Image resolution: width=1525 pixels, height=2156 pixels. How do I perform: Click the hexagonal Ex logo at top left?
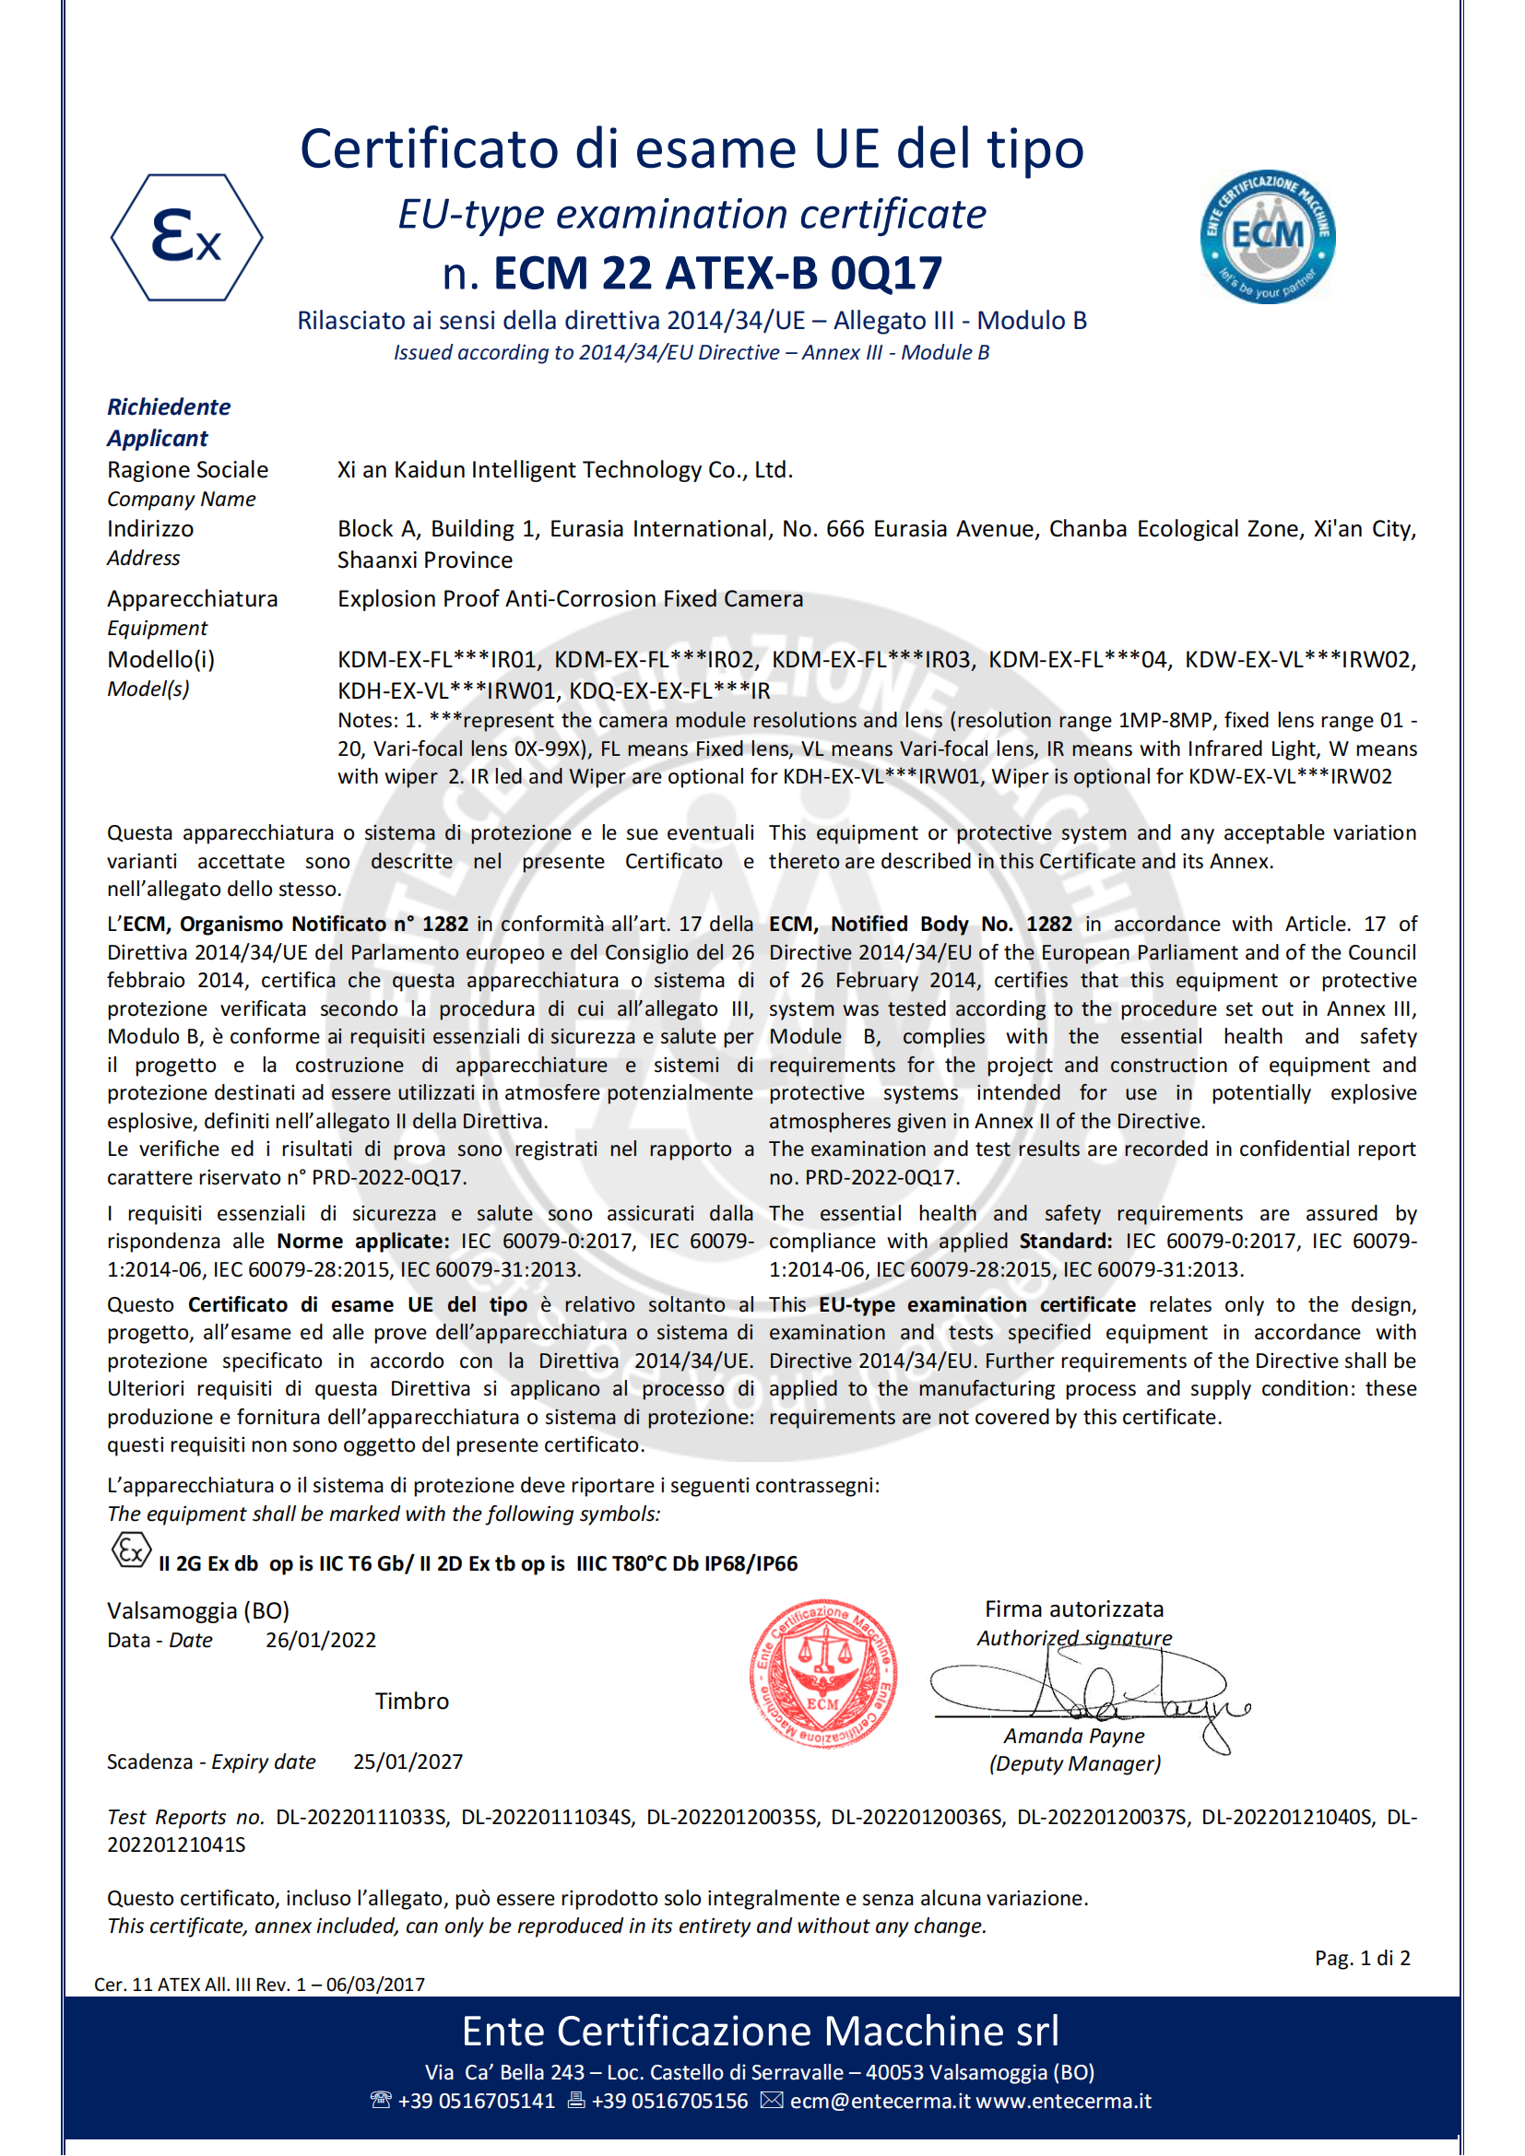coord(187,237)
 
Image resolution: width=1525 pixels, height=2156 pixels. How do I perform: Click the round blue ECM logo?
coord(1267,236)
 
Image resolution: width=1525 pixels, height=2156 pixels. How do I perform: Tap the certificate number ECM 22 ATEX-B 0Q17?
coord(717,273)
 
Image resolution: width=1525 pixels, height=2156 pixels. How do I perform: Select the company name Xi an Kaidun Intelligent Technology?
coord(564,469)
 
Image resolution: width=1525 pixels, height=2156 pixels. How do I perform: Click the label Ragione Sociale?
coord(187,469)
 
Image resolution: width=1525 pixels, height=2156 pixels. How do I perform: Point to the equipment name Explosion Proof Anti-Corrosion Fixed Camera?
coord(570,599)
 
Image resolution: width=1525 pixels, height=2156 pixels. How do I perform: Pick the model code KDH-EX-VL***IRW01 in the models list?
coord(448,691)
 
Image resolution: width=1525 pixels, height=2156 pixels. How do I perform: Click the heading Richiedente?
coord(168,406)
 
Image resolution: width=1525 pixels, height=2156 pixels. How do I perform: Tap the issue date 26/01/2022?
coord(320,1640)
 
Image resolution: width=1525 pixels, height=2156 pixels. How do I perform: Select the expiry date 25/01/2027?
coord(408,1761)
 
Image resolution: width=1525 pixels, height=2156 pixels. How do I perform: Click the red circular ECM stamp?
coord(822,1672)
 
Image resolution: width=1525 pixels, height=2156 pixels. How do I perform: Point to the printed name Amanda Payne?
coord(1073,1736)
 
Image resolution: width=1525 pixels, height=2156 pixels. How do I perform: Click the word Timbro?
coord(411,1701)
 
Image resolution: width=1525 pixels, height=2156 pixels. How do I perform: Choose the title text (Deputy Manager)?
coord(1074,1763)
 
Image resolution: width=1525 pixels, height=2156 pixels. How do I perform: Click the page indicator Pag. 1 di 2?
coord(1362,1958)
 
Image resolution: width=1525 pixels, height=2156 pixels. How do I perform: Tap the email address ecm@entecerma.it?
coord(880,2101)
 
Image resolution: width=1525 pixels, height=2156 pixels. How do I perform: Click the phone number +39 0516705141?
coord(476,2101)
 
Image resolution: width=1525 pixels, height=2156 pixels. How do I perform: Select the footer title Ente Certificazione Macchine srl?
coord(760,2032)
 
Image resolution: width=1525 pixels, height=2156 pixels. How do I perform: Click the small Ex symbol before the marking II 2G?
coord(131,1550)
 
